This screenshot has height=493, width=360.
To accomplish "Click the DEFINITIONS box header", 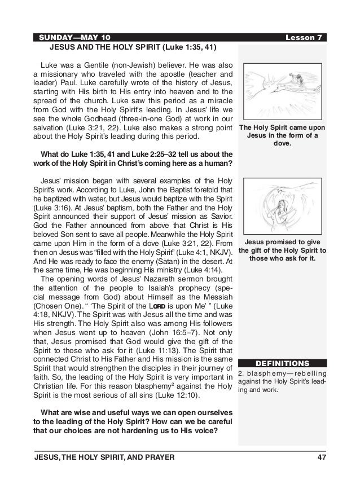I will [x=283, y=362].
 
